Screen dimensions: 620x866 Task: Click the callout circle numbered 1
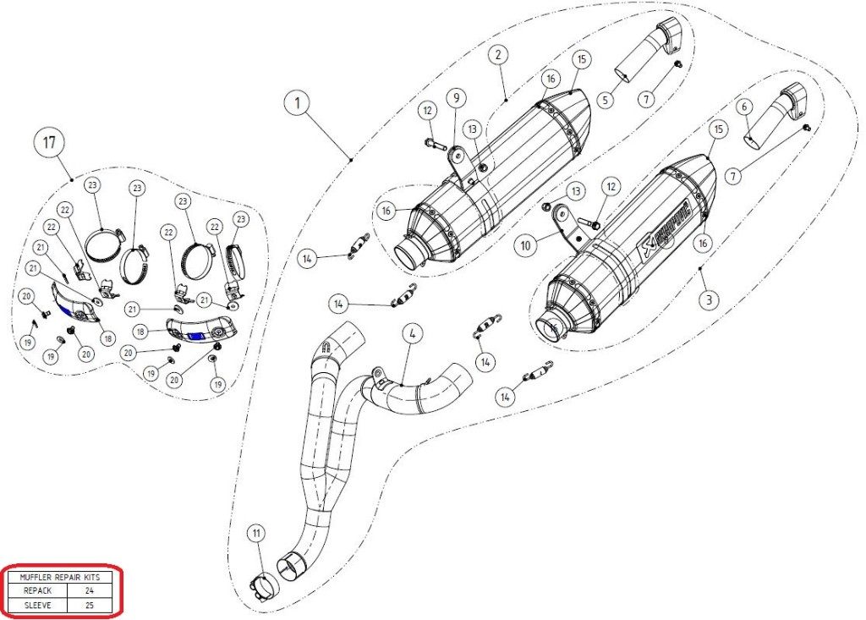pos(297,104)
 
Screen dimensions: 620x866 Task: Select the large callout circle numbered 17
pos(50,143)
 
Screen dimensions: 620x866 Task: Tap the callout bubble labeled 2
pos(498,55)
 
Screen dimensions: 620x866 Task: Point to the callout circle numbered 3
pos(709,299)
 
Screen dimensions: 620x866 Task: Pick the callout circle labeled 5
pos(605,100)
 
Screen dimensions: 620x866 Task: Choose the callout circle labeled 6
pos(743,107)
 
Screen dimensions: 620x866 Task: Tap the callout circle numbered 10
pos(525,245)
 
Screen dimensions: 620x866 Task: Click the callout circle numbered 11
pos(255,533)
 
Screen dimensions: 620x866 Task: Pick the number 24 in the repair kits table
pos(90,591)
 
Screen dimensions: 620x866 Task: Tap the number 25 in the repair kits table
pos(90,605)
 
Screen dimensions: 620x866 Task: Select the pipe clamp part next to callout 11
pos(264,584)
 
